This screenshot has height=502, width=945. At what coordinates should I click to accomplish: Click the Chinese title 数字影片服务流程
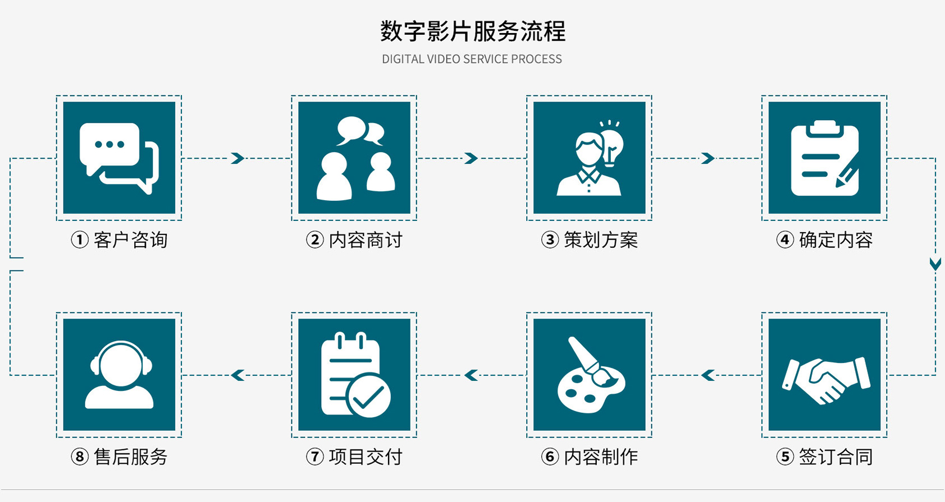(472, 31)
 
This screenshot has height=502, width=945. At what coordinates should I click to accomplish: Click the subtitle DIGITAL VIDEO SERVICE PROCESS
(472, 59)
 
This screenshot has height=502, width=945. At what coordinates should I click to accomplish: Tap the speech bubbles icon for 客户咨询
(119, 158)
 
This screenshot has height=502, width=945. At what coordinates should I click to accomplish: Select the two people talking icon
(354, 158)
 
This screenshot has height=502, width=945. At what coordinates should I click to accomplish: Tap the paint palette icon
(590, 375)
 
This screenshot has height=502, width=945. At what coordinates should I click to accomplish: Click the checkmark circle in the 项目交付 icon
(369, 395)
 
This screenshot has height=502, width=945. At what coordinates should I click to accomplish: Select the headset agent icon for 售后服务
(119, 375)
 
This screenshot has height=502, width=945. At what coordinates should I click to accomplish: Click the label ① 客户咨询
(119, 240)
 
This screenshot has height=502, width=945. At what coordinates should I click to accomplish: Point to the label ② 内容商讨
(354, 240)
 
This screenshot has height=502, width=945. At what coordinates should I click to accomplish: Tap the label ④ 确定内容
(824, 240)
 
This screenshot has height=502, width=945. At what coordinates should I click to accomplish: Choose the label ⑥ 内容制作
(590, 457)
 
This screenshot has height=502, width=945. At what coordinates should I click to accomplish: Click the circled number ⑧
(80, 457)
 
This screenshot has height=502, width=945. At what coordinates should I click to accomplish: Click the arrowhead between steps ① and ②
(238, 158)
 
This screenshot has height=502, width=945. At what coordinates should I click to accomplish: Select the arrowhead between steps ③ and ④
(708, 158)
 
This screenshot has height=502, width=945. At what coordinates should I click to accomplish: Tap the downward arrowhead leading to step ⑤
(935, 264)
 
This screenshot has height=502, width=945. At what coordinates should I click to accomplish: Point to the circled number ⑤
(785, 457)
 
